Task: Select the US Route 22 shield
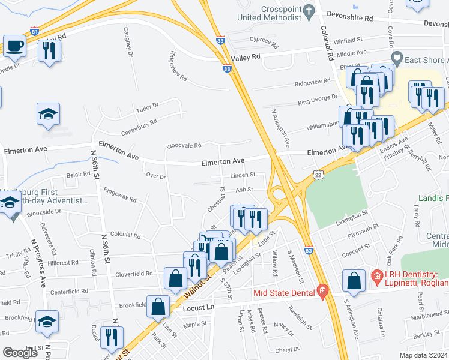[318, 174]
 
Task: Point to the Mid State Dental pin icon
[322, 292]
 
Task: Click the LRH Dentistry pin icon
[376, 277]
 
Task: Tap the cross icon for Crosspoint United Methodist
[309, 11]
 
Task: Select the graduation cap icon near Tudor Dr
[47, 114]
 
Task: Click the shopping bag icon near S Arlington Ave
[354, 280]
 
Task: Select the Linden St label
[243, 175]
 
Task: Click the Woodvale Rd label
[184, 145]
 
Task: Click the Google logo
[20, 353]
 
